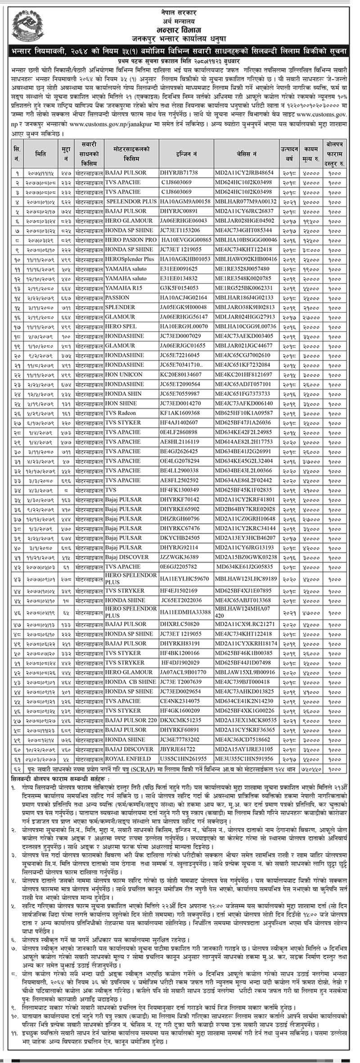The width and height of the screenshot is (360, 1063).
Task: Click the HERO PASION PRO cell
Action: point(131,240)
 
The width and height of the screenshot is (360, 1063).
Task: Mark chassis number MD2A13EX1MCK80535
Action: point(245,720)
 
